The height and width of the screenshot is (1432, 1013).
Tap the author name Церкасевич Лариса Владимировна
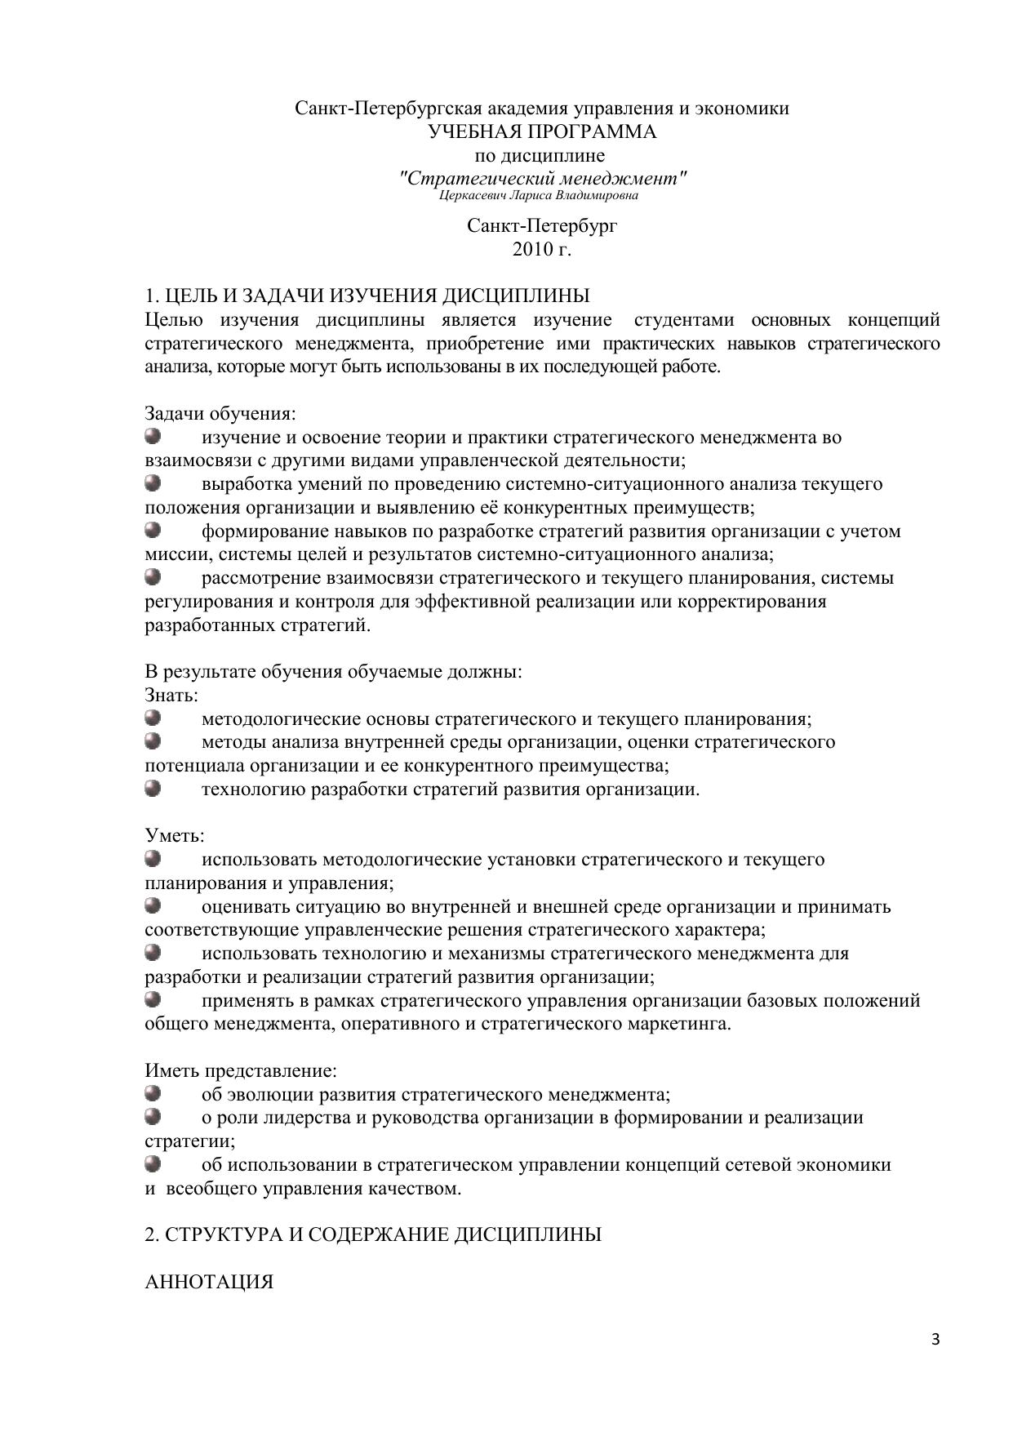tap(539, 195)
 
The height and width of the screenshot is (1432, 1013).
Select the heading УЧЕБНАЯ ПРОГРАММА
tap(542, 132)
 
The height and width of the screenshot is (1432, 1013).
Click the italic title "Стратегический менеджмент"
tap(543, 177)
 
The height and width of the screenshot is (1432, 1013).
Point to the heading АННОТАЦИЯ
tap(209, 1282)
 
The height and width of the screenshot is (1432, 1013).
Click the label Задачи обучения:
tap(220, 413)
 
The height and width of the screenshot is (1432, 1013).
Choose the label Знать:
tap(171, 696)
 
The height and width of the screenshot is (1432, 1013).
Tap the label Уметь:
tap(175, 836)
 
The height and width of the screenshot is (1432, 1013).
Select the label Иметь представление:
tap(241, 1070)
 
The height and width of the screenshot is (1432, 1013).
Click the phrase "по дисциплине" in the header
tap(540, 155)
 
